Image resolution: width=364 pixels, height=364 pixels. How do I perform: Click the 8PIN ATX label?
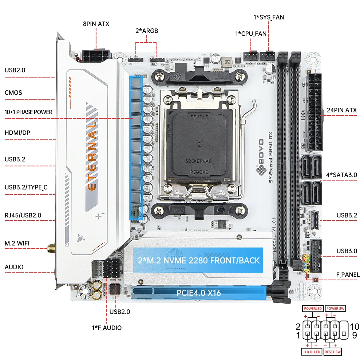pyautogui.click(x=96, y=24)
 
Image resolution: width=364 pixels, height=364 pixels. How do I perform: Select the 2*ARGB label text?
pyautogui.click(x=146, y=31)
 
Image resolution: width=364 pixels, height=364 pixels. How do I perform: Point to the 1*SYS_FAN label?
pyautogui.click(x=269, y=17)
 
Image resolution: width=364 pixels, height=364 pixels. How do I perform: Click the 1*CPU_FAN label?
pyautogui.click(x=251, y=33)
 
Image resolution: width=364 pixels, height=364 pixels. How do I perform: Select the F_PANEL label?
pyautogui.click(x=347, y=274)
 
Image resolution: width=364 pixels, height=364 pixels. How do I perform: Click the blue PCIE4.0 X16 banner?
pyautogui.click(x=199, y=292)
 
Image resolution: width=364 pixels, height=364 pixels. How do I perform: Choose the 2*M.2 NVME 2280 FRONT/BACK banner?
pyautogui.click(x=198, y=260)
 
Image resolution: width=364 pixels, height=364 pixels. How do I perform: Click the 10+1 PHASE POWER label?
pyautogui.click(x=28, y=112)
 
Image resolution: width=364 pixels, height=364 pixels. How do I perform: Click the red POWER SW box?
pyautogui.click(x=335, y=308)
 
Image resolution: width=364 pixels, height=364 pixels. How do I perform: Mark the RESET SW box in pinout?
pyautogui.click(x=333, y=352)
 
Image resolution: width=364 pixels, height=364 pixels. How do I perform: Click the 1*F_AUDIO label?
pyautogui.click(x=107, y=328)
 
